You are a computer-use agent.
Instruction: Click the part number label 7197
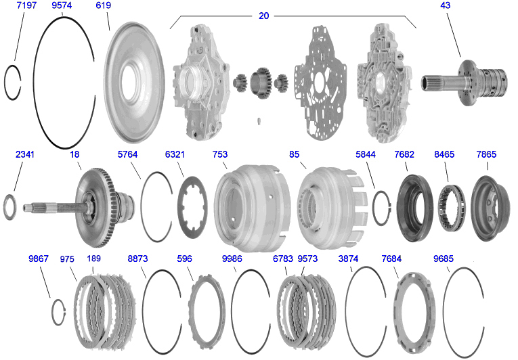tap(26, 5)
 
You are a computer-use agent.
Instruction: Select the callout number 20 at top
tap(263, 16)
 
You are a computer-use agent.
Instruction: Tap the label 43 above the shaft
tap(445, 5)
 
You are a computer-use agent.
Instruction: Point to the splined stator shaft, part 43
tap(463, 83)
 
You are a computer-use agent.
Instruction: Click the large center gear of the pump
tap(260, 83)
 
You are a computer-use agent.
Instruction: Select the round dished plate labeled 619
tap(134, 83)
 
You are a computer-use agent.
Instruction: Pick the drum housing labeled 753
tap(253, 208)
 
